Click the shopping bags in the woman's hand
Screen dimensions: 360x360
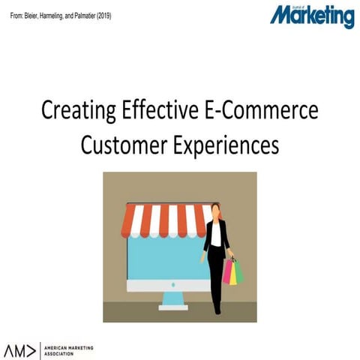tap(232, 271)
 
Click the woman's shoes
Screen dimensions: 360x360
tap(217, 308)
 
